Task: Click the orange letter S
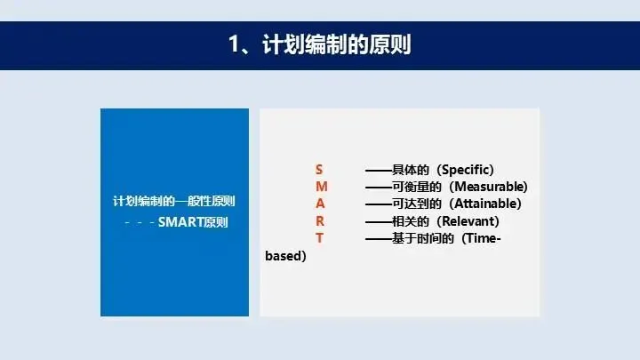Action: point(319,170)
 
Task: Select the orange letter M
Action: point(322,187)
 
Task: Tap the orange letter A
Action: point(320,204)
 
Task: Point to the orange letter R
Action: point(320,220)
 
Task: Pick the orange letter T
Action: point(320,238)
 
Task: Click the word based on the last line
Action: point(284,255)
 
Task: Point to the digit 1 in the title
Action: point(234,44)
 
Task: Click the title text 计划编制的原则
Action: point(336,44)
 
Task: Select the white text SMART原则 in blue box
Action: point(193,222)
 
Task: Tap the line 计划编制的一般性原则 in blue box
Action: point(174,201)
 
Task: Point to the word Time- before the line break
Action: point(483,238)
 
